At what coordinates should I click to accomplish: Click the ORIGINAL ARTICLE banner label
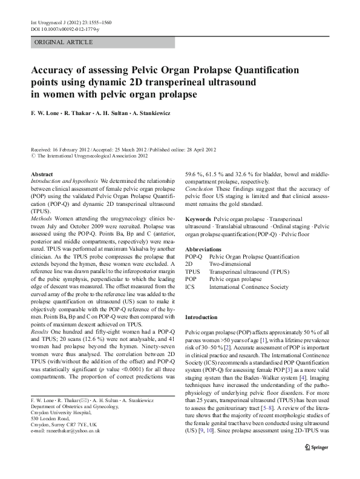click(64, 42)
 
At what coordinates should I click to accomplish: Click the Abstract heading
click(41, 174)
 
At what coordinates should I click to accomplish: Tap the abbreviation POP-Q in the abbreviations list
click(194, 257)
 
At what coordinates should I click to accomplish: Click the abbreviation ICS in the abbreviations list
click(190, 286)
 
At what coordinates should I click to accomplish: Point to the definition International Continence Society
click(249, 286)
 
